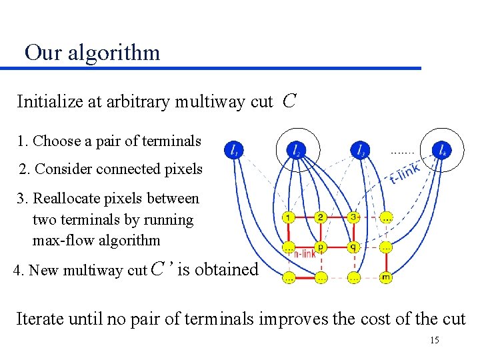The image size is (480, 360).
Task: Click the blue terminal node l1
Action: [233, 150]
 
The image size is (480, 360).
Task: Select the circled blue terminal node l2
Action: [296, 150]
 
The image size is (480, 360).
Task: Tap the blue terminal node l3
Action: [359, 150]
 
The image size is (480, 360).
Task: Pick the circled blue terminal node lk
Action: [441, 150]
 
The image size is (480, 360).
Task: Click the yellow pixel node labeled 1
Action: [288, 218]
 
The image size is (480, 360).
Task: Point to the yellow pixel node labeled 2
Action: [321, 218]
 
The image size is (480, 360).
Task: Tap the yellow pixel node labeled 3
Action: [353, 218]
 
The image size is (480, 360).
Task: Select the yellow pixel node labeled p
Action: [321, 247]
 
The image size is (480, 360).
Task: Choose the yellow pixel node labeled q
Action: [353, 247]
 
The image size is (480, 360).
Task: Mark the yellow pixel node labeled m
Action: [386, 277]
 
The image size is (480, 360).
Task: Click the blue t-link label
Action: [405, 174]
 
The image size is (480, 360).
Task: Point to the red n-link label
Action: [304, 253]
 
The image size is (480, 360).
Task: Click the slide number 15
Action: [435, 341]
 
